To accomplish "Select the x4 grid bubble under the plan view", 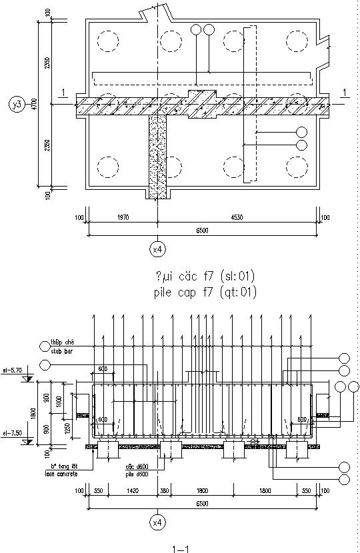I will pos(157,249).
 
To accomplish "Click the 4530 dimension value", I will pos(239,217).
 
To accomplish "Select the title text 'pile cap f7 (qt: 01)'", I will pos(204,292).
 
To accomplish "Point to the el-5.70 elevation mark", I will pos(13,368).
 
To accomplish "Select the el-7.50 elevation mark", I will pos(13,432).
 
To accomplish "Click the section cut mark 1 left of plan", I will pos(62,92).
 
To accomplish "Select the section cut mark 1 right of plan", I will pos(344,92).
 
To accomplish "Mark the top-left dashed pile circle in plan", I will pos(107,41).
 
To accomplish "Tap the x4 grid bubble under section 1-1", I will pos(157,523).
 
